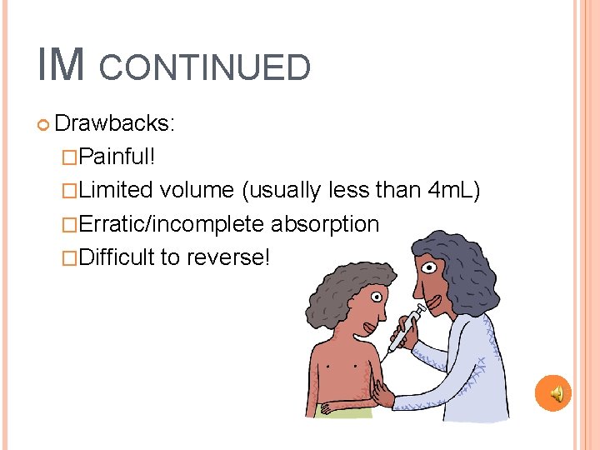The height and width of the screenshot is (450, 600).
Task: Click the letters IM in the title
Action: [61, 65]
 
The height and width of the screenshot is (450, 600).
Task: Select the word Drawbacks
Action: [114, 123]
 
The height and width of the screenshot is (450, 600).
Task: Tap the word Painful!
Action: [115, 157]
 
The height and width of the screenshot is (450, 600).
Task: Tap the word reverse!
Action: [228, 257]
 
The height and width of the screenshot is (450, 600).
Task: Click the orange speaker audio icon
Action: [552, 392]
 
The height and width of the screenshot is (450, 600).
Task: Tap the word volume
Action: [197, 190]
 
